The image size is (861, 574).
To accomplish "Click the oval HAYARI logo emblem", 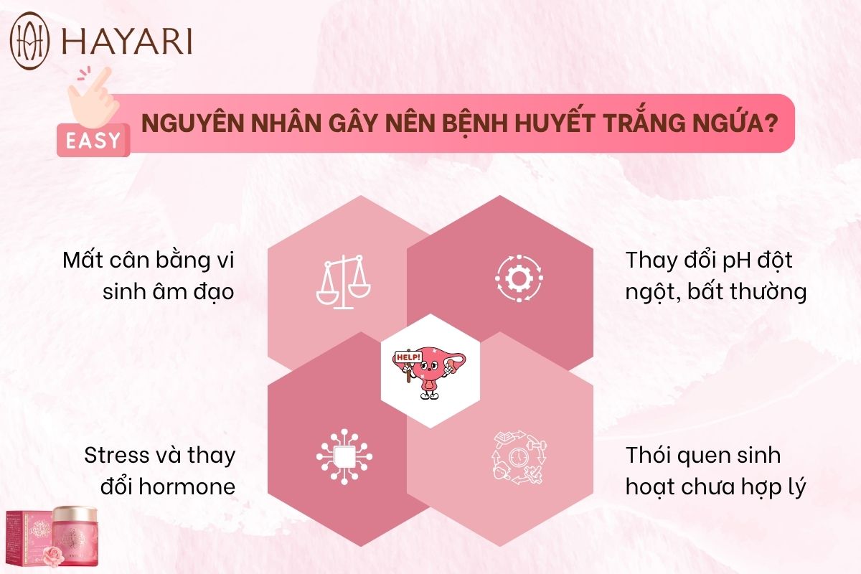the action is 29,41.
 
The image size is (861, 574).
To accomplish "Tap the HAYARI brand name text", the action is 127,41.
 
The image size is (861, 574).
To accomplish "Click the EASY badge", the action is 93,141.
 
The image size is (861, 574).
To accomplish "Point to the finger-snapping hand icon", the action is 94,97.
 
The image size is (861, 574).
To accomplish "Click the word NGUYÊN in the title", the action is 192,123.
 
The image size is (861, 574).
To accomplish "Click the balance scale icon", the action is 343,282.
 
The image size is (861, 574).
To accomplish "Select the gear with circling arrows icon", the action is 519,278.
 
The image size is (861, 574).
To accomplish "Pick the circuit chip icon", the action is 344,456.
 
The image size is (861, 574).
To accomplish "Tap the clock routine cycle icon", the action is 519,457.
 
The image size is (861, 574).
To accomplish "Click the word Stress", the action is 117,456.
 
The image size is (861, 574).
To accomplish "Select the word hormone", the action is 187,486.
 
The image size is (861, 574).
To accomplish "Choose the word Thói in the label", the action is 649,456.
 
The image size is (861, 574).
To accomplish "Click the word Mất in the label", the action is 83,260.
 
